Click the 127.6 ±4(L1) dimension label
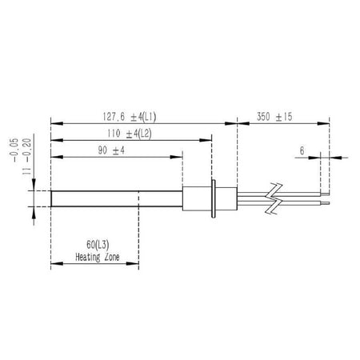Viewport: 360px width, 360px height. (x=130, y=117)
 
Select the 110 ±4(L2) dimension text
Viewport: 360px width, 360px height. (x=130, y=134)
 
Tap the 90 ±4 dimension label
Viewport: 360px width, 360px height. (x=111, y=150)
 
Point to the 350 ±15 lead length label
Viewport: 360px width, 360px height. (x=274, y=117)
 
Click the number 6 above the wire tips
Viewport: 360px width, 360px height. (x=302, y=150)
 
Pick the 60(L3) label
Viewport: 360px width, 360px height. (x=98, y=245)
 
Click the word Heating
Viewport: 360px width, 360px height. (x=88, y=258)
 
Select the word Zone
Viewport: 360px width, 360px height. (x=112, y=257)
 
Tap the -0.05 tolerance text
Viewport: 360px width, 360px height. (x=15, y=150)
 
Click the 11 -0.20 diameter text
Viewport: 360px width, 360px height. (x=27, y=157)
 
